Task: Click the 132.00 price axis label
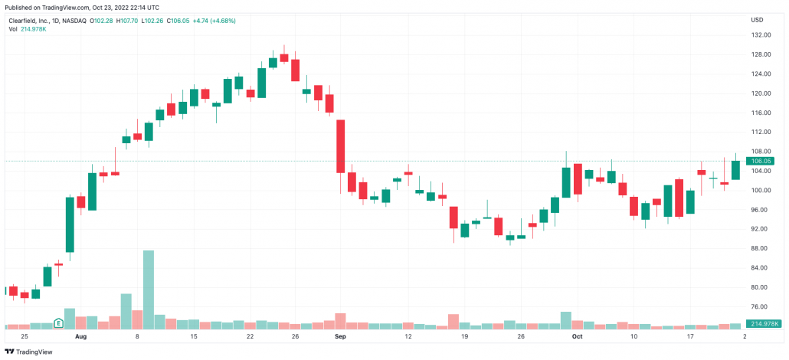(761, 35)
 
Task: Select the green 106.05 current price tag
(762, 161)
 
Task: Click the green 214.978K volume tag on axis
(764, 325)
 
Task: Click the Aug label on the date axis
(80, 336)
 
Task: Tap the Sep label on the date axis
(340, 336)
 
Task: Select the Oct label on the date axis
(577, 336)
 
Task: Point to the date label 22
(250, 336)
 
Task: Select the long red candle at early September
(341, 146)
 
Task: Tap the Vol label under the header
(13, 29)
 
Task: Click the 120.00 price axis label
(761, 93)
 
